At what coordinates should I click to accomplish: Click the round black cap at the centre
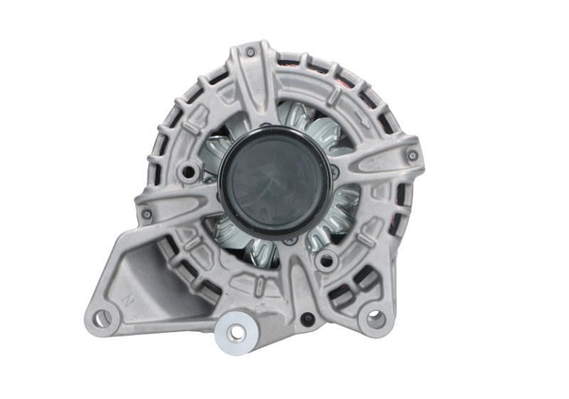pos(275,181)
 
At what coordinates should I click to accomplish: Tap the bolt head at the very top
pos(250,51)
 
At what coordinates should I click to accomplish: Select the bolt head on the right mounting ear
pos(413,155)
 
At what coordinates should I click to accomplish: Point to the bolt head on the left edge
pos(147,213)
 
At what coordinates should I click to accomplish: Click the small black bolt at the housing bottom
pos(307,319)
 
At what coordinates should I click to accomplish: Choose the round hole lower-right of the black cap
pos(326,260)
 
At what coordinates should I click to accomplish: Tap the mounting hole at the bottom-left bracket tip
pos(101,318)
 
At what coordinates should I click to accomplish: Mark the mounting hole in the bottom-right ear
pos(374,318)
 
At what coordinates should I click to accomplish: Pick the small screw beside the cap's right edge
pos(336,171)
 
